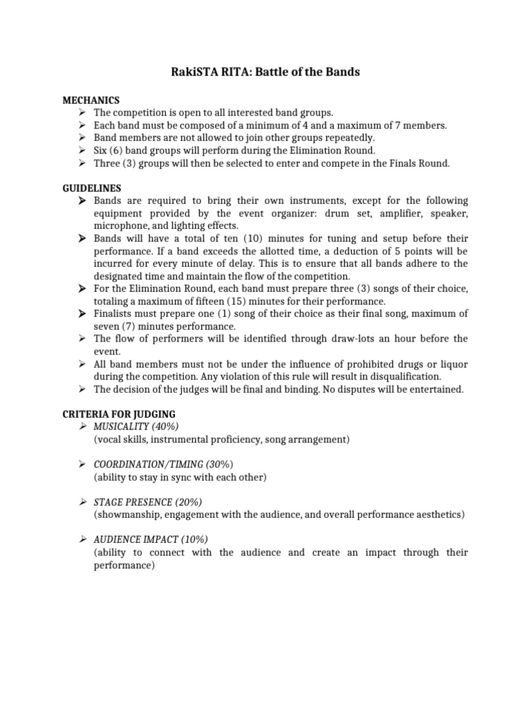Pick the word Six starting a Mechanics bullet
(102, 150)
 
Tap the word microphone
(121, 226)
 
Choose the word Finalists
(116, 314)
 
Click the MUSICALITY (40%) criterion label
(140, 427)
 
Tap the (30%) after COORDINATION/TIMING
(220, 464)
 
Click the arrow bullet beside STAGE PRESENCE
(82, 501)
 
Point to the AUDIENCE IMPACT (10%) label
(150, 539)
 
